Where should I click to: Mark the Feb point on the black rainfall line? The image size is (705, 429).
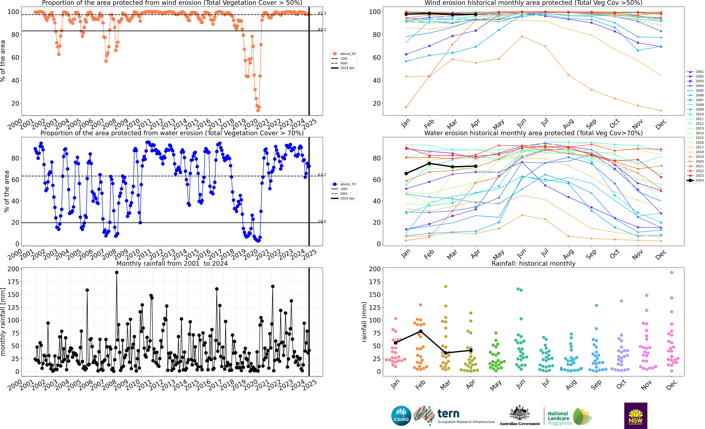pos(421,331)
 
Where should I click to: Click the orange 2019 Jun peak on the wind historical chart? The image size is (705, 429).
pos(522,37)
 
